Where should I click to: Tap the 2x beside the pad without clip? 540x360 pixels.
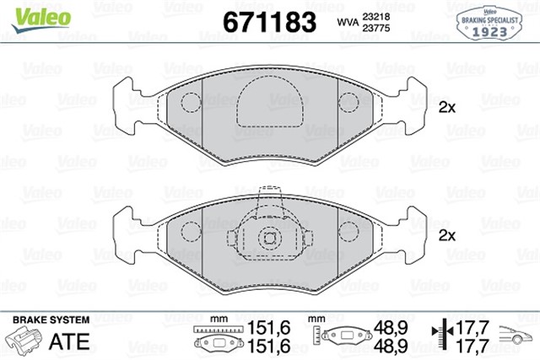click(446, 107)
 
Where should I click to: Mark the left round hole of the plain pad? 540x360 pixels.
click(192, 105)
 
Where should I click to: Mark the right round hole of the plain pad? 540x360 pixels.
click(347, 105)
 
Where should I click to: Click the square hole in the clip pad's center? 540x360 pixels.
click(269, 237)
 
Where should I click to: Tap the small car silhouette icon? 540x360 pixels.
click(516, 336)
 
